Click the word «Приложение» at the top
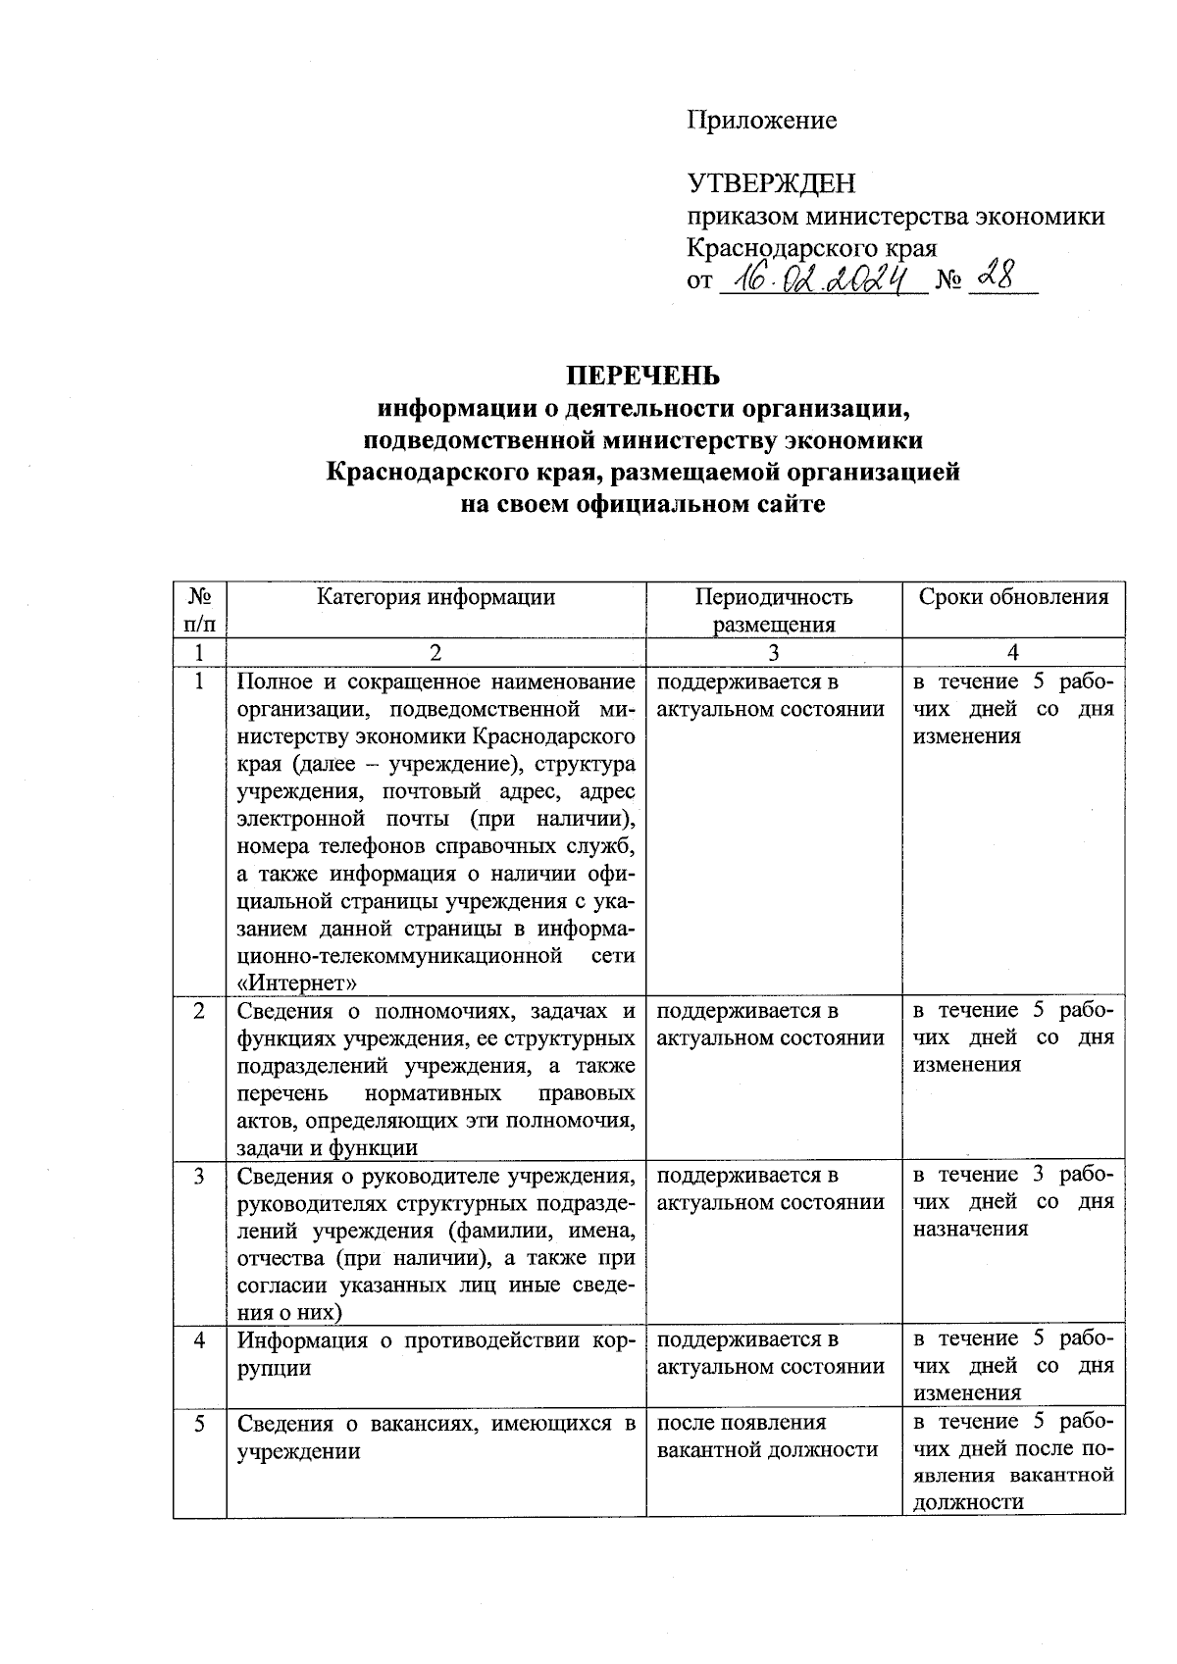[761, 121]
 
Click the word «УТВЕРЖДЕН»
[771, 183]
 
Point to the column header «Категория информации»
[435, 597]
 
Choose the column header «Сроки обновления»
[1013, 597]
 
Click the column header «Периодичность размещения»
[774, 611]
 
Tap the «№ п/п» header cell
[200, 610]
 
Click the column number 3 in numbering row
[774, 653]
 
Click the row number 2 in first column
[200, 1011]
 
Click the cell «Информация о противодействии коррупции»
[435, 1353]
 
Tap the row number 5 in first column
[200, 1423]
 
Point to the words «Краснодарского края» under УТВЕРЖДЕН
[811, 248]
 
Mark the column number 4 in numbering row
[1013, 653]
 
